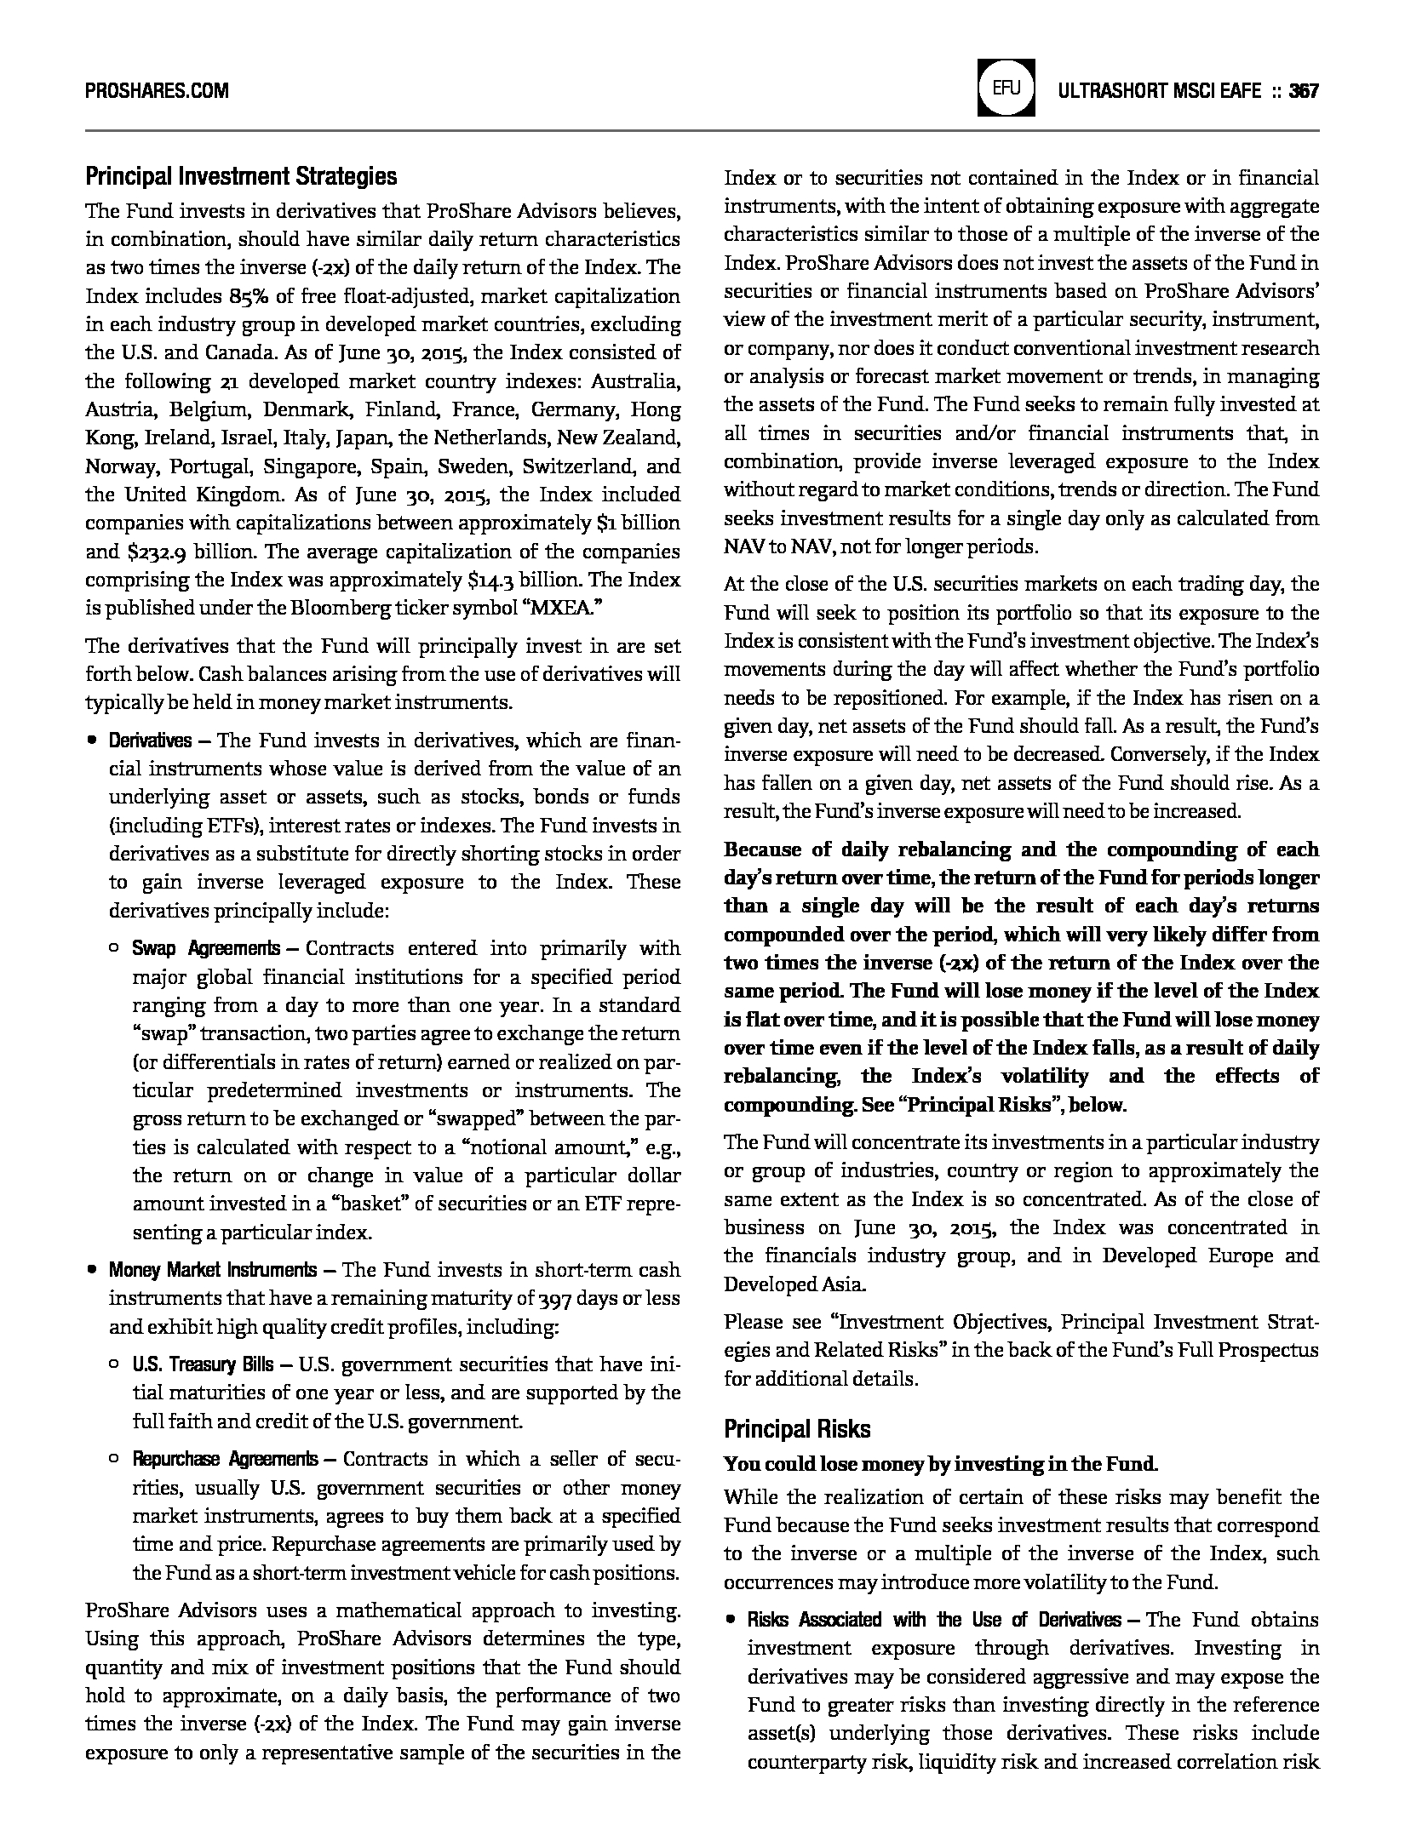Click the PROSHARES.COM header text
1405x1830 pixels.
click(x=157, y=91)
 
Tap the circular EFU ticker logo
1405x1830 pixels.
click(x=1006, y=88)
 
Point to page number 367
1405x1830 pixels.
click(x=1304, y=91)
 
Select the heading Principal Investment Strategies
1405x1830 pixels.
click(x=241, y=177)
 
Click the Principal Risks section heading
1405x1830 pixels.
click(x=797, y=1428)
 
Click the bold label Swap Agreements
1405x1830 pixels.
click(x=205, y=948)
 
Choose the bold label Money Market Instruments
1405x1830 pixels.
click(x=212, y=1270)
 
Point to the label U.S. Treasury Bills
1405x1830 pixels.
click(x=203, y=1364)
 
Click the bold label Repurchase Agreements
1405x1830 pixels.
click(x=225, y=1459)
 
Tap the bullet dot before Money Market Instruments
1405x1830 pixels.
click(x=90, y=1270)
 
